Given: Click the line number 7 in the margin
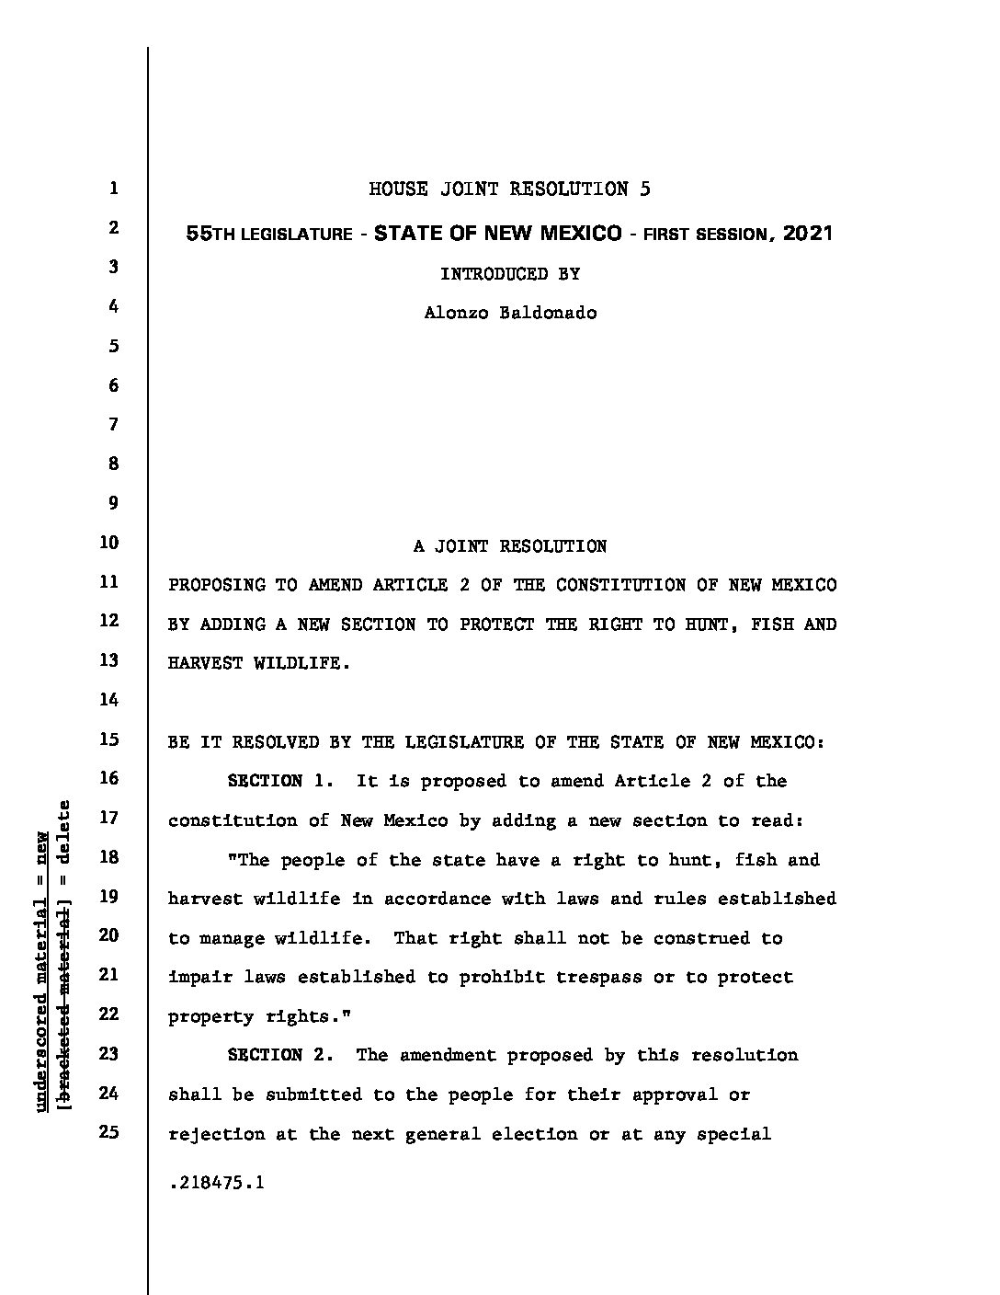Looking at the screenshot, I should [113, 424].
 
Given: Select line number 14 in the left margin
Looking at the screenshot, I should [108, 700].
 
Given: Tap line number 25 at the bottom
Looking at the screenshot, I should [108, 1132].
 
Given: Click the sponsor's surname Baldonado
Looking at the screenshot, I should [548, 313].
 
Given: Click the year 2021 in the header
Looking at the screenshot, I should [808, 233].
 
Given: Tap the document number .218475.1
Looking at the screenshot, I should [217, 1183].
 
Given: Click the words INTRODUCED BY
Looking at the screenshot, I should [510, 273].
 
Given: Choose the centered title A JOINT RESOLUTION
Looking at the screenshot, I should [510, 546].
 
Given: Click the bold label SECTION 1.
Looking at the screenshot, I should [280, 781].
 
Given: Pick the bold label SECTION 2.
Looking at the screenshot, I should [280, 1055].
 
